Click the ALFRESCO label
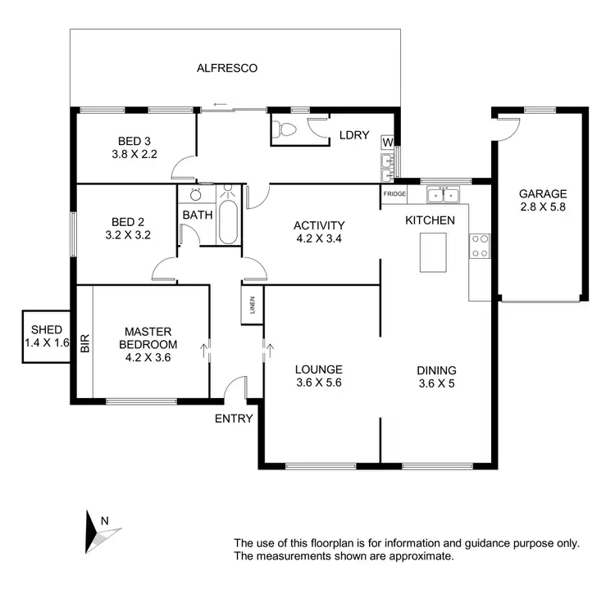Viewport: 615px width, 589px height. pos(226,69)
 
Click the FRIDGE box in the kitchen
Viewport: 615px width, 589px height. pos(394,194)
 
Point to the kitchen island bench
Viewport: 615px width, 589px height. pos(433,252)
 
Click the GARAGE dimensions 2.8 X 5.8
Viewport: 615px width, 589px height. pos(542,207)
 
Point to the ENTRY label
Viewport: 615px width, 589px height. pos(234,419)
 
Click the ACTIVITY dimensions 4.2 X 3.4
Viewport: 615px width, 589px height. pos(319,239)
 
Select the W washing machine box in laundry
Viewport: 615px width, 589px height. pos(386,143)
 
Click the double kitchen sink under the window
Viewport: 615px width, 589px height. pos(444,195)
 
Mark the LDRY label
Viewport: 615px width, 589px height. pos(354,135)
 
